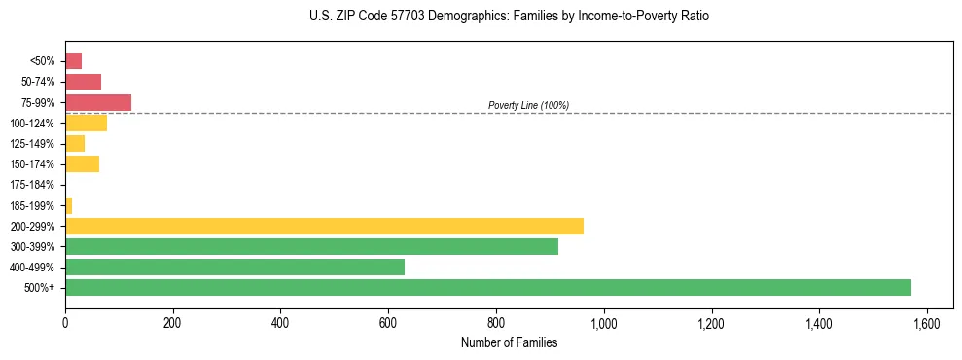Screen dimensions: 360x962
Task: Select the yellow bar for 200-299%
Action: (x=324, y=226)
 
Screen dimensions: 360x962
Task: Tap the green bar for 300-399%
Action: (x=311, y=246)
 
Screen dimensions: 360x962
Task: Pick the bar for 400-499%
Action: (x=234, y=267)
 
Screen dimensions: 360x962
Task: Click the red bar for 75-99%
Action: (x=98, y=102)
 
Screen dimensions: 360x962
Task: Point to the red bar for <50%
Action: (x=73, y=61)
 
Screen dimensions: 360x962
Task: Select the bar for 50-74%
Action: (x=83, y=82)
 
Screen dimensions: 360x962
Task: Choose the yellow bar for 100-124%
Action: (x=86, y=123)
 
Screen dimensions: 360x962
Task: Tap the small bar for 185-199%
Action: (x=68, y=205)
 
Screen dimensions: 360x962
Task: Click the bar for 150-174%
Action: (x=82, y=164)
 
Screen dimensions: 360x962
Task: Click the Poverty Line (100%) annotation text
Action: (x=528, y=105)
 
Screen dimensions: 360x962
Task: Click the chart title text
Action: (x=510, y=17)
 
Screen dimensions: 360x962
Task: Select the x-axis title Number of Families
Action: (x=509, y=342)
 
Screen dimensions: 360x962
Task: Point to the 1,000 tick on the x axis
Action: (x=604, y=322)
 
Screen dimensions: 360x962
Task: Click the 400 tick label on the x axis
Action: (x=280, y=322)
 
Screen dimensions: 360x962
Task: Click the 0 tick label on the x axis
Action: (x=65, y=322)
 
